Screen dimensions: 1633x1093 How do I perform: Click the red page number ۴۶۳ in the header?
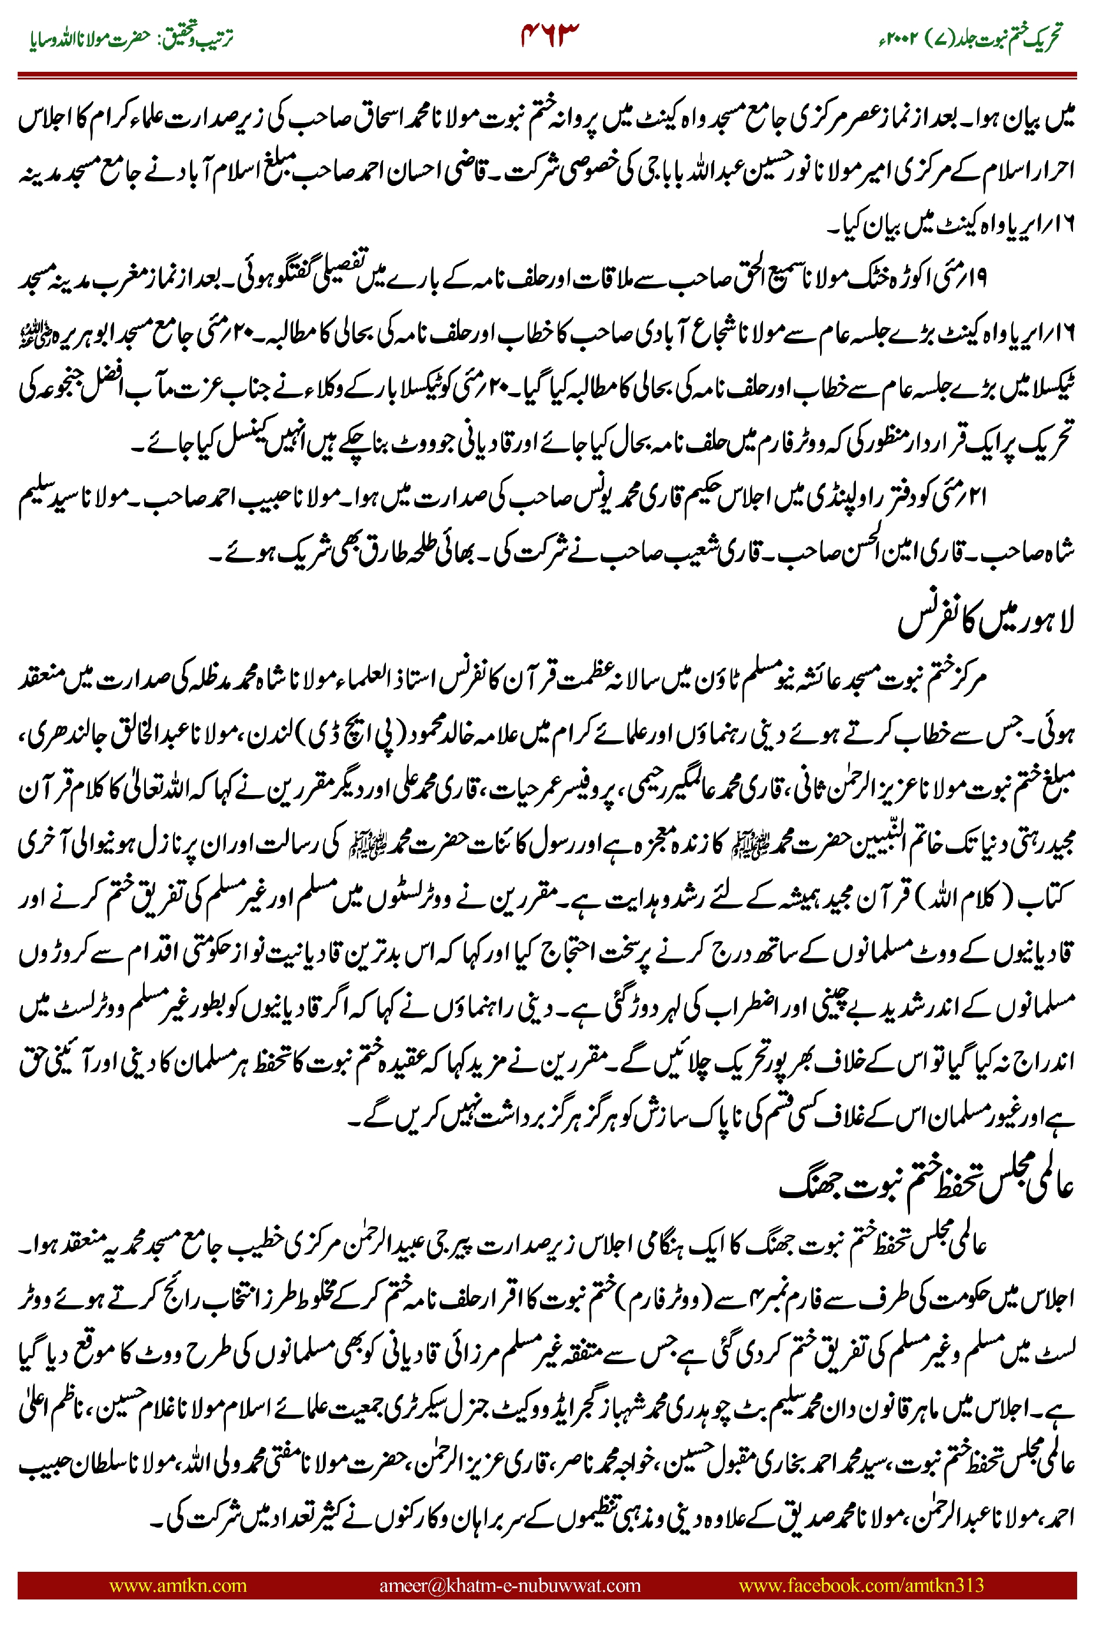tap(550, 35)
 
